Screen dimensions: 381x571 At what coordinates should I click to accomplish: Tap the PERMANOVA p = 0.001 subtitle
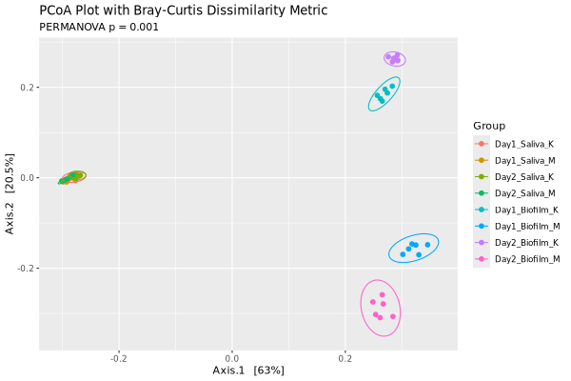99,27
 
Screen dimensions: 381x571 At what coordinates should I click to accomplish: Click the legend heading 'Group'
488,126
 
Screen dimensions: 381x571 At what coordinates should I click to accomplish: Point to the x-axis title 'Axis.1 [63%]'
248,370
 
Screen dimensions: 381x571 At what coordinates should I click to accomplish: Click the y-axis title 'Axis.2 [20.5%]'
10,193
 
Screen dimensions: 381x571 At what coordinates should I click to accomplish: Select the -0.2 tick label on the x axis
118,358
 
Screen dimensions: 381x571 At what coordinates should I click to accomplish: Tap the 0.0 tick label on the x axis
231,358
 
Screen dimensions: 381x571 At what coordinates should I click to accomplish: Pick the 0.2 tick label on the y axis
27,88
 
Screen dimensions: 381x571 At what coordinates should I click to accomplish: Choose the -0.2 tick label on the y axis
25,269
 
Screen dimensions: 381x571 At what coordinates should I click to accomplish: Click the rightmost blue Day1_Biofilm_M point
427,245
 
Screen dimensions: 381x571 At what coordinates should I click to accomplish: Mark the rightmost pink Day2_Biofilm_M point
393,316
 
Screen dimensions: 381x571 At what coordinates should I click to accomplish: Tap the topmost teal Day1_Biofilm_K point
392,86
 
